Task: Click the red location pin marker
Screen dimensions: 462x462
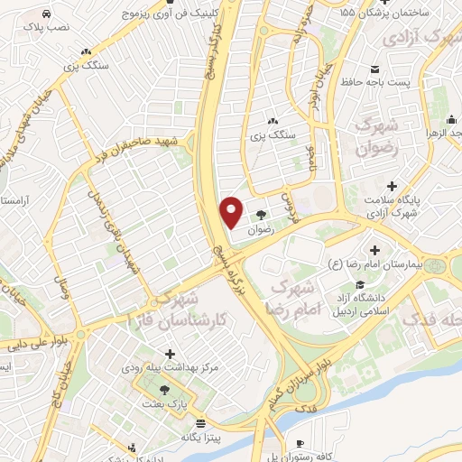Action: (x=232, y=211)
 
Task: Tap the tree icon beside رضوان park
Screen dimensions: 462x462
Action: (x=261, y=215)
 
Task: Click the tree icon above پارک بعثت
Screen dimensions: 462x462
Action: (x=164, y=390)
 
